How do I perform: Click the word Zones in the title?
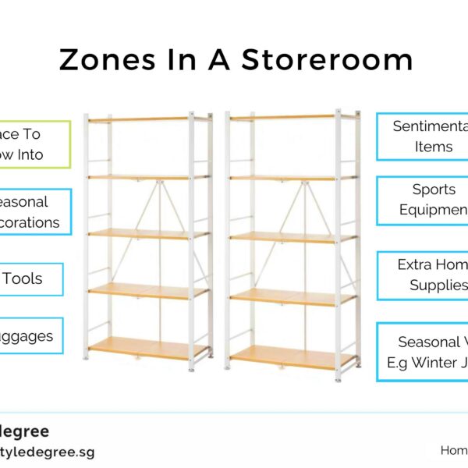(x=101, y=60)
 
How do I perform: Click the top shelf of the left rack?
(x=148, y=119)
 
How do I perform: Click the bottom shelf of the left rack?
(x=148, y=347)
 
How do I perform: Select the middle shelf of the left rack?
(x=148, y=232)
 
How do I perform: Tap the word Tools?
(x=23, y=279)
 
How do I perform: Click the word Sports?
(x=434, y=190)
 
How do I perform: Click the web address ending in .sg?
(x=47, y=452)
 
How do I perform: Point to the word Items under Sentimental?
(x=434, y=147)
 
